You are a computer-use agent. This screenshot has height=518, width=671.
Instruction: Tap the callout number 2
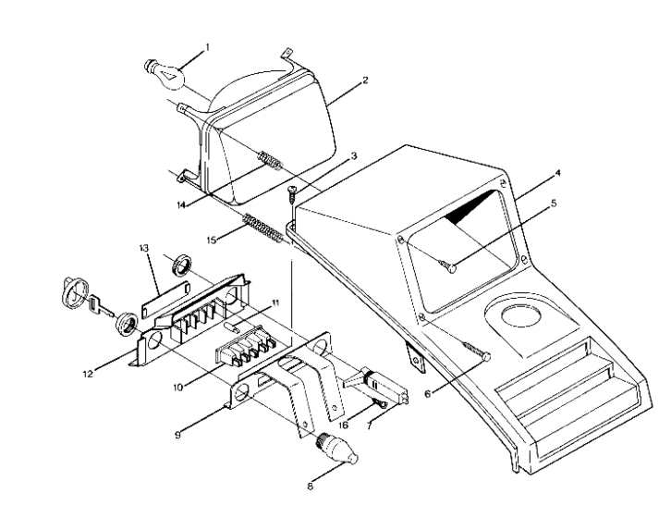(x=365, y=81)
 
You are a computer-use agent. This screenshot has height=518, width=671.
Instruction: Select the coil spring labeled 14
(x=268, y=158)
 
